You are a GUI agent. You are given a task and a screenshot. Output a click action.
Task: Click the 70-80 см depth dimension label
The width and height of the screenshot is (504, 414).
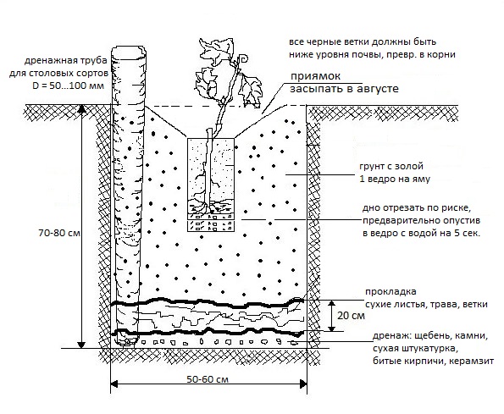pyautogui.click(x=59, y=233)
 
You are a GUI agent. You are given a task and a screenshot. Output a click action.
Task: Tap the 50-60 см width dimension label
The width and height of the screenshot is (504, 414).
pyautogui.click(x=208, y=379)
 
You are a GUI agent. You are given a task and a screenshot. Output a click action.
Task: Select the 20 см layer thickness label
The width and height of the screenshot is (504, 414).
pyautogui.click(x=351, y=316)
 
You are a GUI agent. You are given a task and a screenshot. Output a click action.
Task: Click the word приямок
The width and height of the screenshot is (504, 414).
pyautogui.click(x=315, y=76)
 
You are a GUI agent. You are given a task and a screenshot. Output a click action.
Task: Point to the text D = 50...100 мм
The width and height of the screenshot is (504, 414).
pyautogui.click(x=68, y=86)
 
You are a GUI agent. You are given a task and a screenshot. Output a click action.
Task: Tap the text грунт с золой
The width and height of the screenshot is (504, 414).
pyautogui.click(x=391, y=167)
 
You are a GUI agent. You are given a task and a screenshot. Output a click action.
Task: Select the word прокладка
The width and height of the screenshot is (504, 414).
pyautogui.click(x=390, y=292)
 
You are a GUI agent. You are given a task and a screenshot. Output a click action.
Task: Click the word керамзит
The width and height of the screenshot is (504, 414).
pyautogui.click(x=471, y=361)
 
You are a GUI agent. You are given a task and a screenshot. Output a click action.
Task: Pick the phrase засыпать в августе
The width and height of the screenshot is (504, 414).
pyautogui.click(x=344, y=89)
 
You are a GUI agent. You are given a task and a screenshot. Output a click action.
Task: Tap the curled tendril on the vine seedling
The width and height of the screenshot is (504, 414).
pyautogui.click(x=244, y=58)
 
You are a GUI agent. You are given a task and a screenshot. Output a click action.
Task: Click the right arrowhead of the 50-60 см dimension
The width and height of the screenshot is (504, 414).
pyautogui.click(x=303, y=384)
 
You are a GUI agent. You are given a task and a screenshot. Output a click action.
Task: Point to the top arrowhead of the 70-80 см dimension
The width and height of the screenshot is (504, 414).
pyautogui.click(x=82, y=109)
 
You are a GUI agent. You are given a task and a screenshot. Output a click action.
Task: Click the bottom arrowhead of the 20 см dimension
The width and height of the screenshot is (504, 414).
pyautogui.click(x=331, y=328)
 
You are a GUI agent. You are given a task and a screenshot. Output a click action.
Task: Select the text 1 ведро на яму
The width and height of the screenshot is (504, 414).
pyautogui.click(x=395, y=179)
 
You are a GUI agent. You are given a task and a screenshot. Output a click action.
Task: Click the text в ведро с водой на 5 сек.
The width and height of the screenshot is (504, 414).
pyautogui.click(x=421, y=233)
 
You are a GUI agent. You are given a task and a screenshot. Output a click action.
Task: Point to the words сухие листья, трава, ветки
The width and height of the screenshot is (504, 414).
pyautogui.click(x=427, y=305)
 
